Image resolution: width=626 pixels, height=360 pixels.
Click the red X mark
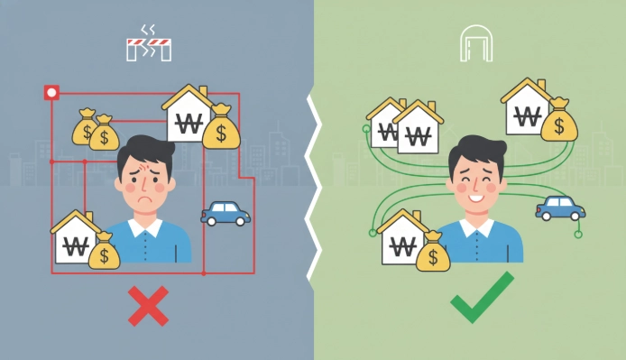click(x=148, y=308)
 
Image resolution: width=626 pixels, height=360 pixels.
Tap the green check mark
click(x=482, y=299)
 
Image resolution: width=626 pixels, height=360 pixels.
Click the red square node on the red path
click(x=51, y=92)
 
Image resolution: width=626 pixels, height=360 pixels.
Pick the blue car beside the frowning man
click(x=226, y=213)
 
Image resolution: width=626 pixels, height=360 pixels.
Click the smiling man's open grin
click(x=477, y=191)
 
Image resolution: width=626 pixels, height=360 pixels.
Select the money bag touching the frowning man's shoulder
click(x=104, y=249)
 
